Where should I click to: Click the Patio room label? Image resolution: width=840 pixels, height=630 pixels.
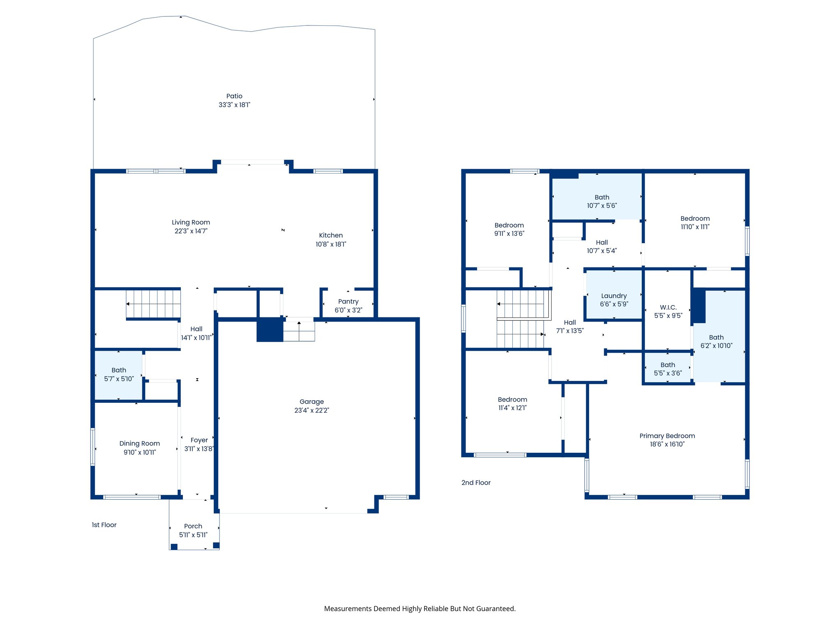tap(234, 96)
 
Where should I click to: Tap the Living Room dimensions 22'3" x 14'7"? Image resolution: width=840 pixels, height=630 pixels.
tap(191, 231)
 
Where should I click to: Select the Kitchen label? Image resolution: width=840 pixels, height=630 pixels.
tap(331, 235)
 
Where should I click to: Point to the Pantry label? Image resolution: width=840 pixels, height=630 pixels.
tap(348, 301)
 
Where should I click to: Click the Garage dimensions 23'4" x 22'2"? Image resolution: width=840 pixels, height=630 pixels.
tap(311, 411)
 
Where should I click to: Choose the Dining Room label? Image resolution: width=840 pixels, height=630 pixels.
tap(139, 443)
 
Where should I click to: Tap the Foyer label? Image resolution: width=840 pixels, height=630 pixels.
tap(199, 440)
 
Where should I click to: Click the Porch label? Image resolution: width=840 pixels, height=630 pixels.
tap(193, 526)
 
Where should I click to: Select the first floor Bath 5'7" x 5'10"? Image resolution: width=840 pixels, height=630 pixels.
tap(119, 374)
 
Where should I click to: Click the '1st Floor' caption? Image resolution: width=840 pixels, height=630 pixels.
tap(104, 525)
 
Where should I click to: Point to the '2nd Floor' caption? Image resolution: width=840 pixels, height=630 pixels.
tap(476, 483)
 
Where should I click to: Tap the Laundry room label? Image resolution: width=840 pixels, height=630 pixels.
tap(614, 296)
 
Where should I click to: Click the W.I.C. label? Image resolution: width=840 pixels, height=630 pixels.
tap(668, 307)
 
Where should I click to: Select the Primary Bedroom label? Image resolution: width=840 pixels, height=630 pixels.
tap(667, 436)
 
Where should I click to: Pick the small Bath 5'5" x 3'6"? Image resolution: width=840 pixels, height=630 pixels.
tap(668, 369)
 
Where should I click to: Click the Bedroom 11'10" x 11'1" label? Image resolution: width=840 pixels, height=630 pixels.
tap(695, 219)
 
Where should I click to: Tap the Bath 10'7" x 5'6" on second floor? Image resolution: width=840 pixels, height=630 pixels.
tap(602, 201)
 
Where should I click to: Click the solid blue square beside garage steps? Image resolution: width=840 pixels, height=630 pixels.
tap(269, 330)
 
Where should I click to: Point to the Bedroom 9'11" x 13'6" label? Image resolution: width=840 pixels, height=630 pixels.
tap(509, 225)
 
